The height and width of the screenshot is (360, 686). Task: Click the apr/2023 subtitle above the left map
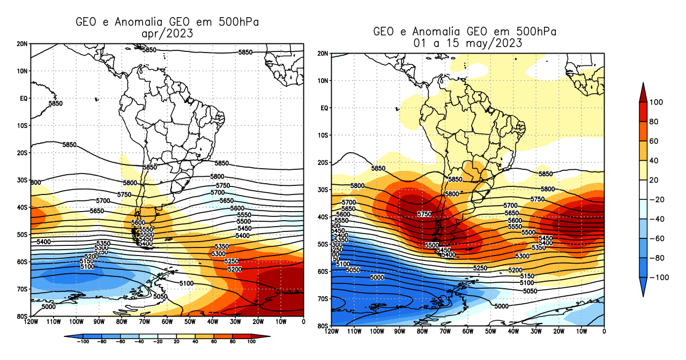167,34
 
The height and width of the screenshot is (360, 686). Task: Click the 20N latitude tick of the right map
323,54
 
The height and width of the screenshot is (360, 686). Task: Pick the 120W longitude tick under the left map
31,322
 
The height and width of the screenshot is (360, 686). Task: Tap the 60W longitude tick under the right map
468,332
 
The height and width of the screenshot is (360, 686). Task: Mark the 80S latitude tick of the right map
323,326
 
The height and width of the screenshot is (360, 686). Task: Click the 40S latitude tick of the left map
24,207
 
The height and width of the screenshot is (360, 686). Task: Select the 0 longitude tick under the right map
604,332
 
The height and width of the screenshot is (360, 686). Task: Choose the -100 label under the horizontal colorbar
83,341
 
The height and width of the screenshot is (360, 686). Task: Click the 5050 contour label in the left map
160,296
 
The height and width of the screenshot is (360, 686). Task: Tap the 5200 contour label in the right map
515,270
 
